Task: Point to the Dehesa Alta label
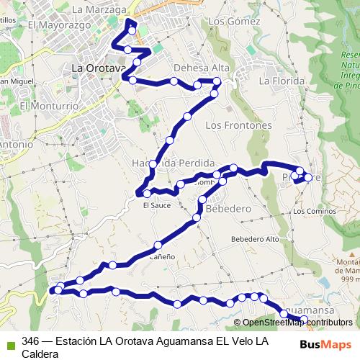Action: (x=197, y=68)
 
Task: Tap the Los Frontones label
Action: (x=238, y=125)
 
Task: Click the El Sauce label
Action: (x=156, y=205)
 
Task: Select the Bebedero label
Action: (x=228, y=209)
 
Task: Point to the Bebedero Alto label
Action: (x=255, y=239)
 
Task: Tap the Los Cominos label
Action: (x=315, y=212)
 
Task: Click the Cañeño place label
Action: (x=161, y=256)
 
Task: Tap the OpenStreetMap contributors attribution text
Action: (x=297, y=323)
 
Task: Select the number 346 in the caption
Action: (x=30, y=341)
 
